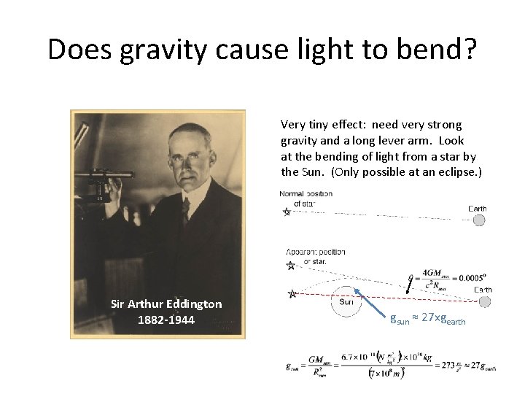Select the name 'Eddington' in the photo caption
tap(192, 304)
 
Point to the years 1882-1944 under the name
tap(166, 319)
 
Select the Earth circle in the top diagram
tap(478, 220)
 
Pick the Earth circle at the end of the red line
tap(478, 301)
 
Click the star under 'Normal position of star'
tap(287, 212)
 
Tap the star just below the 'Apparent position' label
tap(291, 266)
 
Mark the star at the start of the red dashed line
tap(293, 294)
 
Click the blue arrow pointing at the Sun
tap(374, 306)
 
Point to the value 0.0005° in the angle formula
tap(467, 277)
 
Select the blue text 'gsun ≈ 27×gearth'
tap(427, 320)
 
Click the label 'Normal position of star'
tap(306, 198)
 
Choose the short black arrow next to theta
tap(407, 282)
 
